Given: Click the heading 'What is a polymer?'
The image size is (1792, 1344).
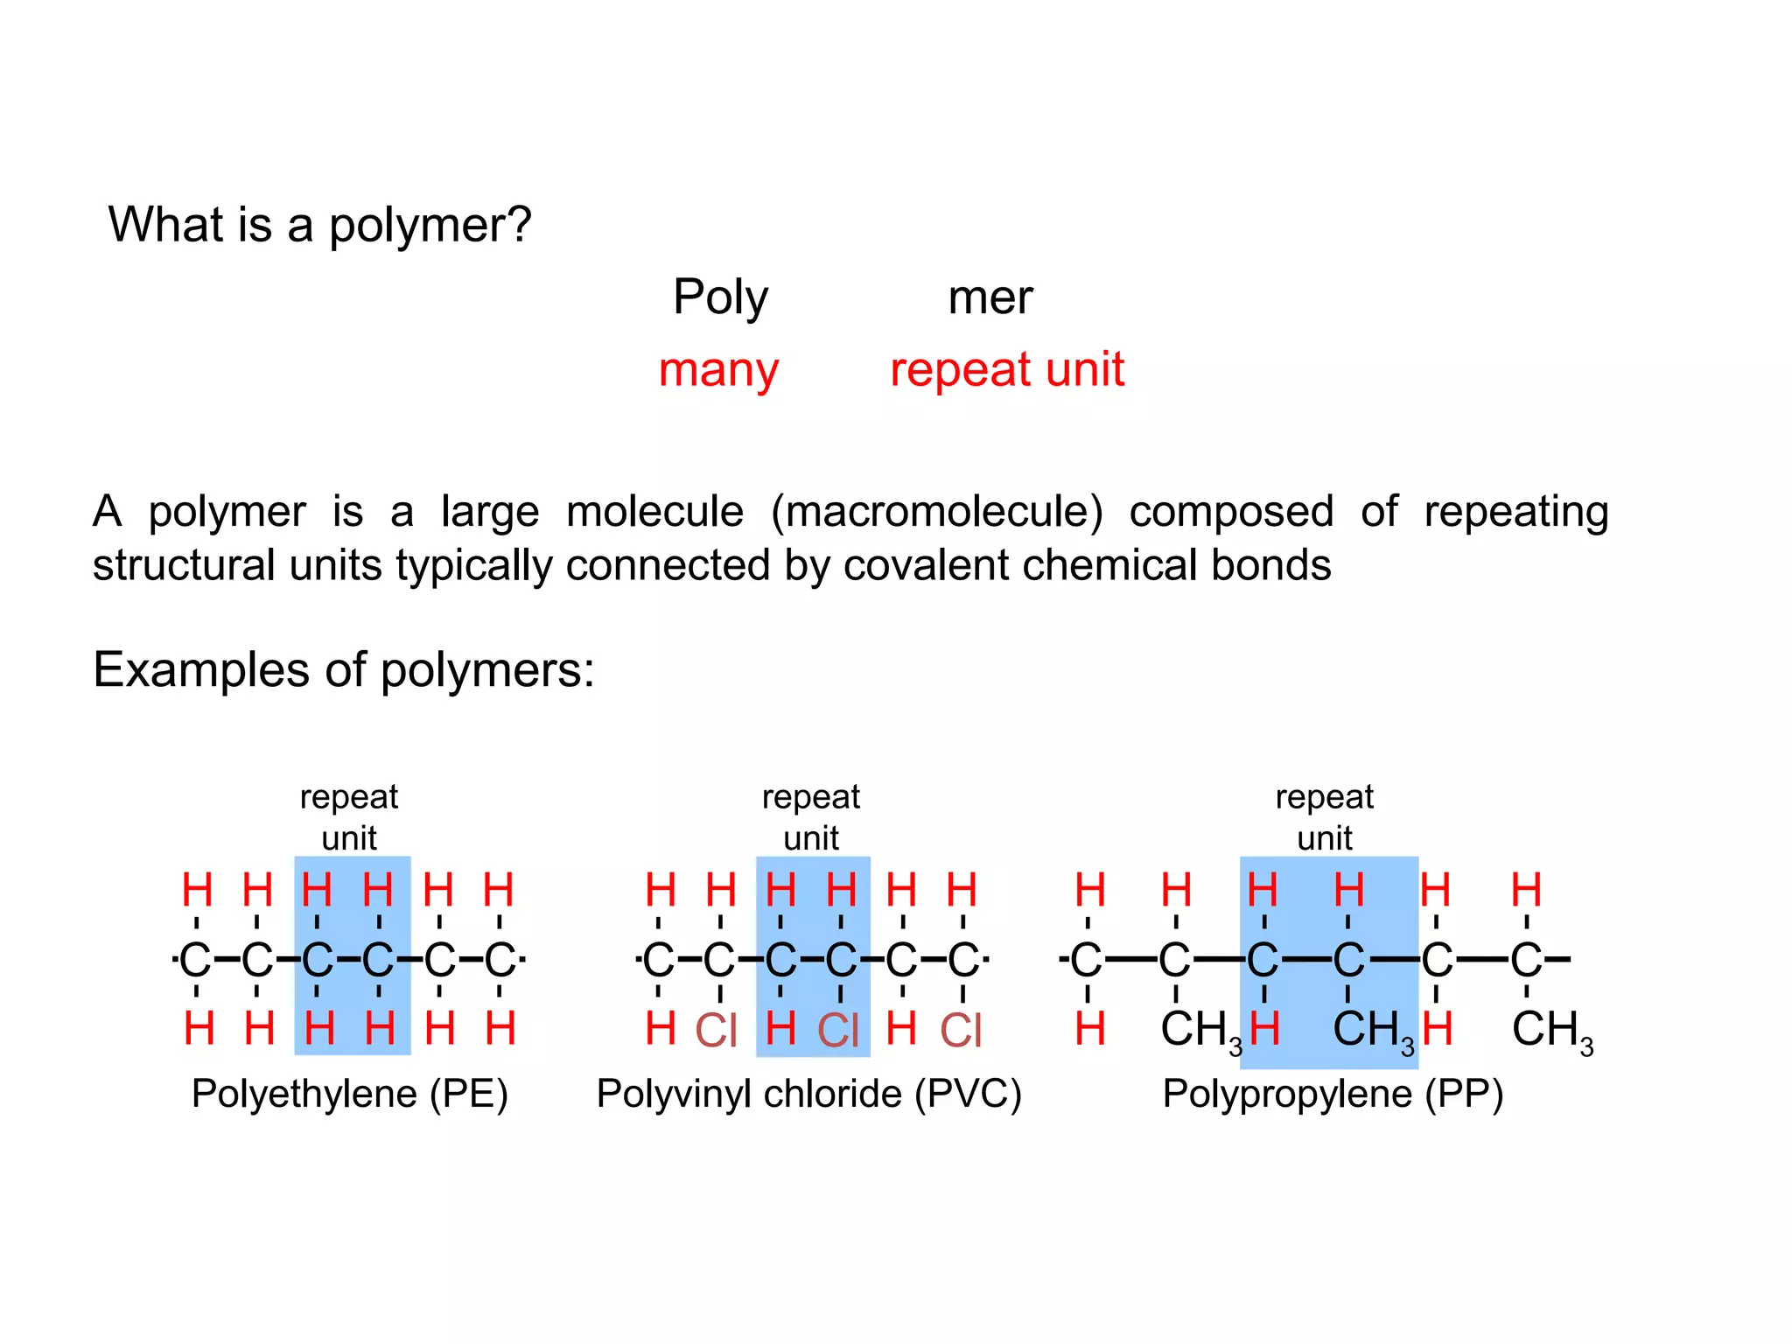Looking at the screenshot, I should click(319, 225).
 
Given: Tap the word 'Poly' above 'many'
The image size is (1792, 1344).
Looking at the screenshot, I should click(720, 298).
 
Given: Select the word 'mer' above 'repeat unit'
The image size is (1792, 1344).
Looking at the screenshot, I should click(990, 298).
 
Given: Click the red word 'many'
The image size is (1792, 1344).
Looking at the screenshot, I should click(718, 370).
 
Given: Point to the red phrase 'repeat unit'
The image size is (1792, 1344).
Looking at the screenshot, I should click(1006, 369).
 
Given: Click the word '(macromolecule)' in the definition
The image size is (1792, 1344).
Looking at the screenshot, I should click(936, 511).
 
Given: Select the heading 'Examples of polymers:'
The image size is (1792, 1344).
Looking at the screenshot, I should click(344, 670).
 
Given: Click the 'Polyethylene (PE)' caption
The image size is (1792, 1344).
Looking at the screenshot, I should click(349, 1094).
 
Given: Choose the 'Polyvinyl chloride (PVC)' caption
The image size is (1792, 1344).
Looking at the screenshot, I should click(808, 1094).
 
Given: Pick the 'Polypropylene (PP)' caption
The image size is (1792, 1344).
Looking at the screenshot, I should click(1332, 1094).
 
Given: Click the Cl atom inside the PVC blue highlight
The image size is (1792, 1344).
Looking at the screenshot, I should click(838, 1030).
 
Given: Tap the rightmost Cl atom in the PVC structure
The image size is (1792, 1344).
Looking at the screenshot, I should click(961, 1030).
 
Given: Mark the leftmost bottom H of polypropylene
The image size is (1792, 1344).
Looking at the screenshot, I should click(1089, 1029).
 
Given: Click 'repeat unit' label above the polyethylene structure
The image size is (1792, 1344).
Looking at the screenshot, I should click(349, 817).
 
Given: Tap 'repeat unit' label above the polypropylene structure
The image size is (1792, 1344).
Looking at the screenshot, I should click(1325, 817).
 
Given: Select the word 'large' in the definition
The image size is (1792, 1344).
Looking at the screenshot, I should click(489, 511).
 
